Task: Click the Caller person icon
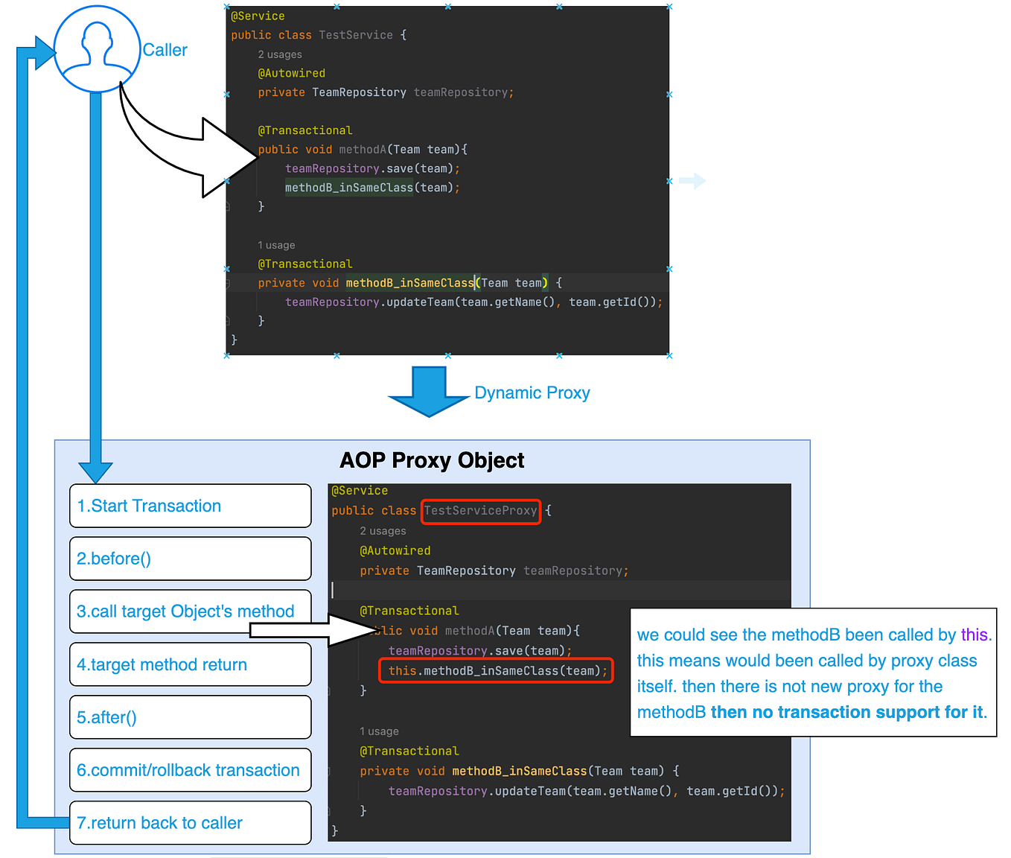[x=97, y=49]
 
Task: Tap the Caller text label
[x=165, y=50]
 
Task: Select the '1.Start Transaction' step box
[x=191, y=506]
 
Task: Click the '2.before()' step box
[x=191, y=559]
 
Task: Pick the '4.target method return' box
[x=191, y=664]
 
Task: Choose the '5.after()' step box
[x=191, y=717]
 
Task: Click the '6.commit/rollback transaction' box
[x=191, y=770]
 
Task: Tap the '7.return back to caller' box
[x=191, y=823]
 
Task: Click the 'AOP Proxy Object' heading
[x=432, y=460]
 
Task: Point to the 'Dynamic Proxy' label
[x=532, y=393]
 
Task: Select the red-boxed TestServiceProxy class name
[x=481, y=512]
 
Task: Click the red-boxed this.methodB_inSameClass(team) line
[x=496, y=671]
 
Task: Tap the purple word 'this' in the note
[x=974, y=635]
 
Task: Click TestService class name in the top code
[x=356, y=35]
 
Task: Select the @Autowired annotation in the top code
[x=292, y=74]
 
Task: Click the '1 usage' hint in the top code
[x=276, y=245]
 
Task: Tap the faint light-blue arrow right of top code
[x=692, y=181]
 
